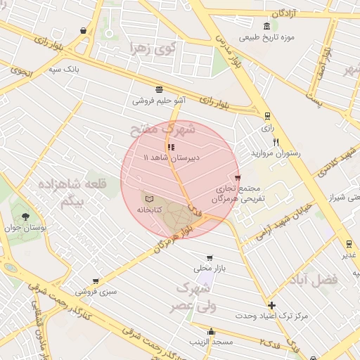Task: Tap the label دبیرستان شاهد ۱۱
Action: [x=172, y=158]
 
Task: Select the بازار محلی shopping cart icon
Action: [x=209, y=258]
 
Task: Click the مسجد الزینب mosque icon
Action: [x=211, y=332]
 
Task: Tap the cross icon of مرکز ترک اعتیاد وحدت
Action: [x=272, y=305]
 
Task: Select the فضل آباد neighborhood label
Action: [x=313, y=279]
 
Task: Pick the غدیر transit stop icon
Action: [x=349, y=244]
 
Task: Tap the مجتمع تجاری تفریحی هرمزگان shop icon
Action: [x=238, y=177]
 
